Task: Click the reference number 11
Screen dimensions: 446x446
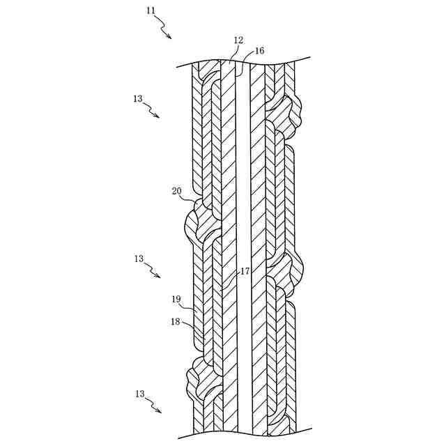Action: [x=151, y=10]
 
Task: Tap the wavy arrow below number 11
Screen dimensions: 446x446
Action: [x=164, y=27]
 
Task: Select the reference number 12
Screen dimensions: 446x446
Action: [x=238, y=40]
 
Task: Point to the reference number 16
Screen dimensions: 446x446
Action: [x=259, y=51]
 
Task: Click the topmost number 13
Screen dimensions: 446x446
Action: [x=137, y=99]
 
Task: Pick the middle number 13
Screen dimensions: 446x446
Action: [x=139, y=259]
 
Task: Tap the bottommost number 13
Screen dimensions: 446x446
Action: [x=139, y=394]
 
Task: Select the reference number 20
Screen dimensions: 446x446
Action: [x=177, y=190]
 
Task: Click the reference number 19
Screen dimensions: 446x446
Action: [x=176, y=299]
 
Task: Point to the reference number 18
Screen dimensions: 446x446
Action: [x=176, y=321]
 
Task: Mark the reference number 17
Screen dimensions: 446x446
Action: [x=245, y=271]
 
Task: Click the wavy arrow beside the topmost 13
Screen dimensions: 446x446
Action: [x=153, y=110]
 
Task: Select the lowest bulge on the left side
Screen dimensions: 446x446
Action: [x=199, y=380]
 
